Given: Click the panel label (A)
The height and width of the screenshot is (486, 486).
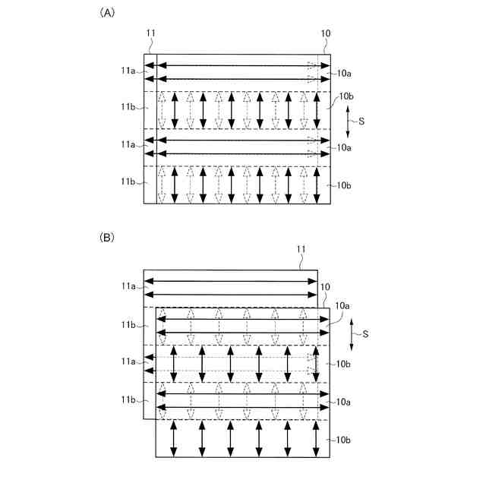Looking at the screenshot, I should pos(106,14).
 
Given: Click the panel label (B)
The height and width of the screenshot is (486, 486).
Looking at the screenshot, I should pos(106,238).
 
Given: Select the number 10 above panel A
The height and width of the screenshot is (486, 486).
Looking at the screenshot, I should pos(326,33).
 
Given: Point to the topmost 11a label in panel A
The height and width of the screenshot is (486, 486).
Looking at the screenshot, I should pos(127,71).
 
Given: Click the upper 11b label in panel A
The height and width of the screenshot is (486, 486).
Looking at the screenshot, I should pos(127,108).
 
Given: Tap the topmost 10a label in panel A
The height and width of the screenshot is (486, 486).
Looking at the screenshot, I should pos(345,73).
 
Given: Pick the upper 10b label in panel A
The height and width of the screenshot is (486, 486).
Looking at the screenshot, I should pos(346,96).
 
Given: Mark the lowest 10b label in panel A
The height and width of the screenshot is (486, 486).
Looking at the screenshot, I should pos(345,185).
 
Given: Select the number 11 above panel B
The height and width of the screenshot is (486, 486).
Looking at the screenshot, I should pos(301,249).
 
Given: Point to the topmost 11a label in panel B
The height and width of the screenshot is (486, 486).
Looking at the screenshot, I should pos(127,286).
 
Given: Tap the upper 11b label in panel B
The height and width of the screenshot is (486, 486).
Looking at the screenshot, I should pos(127,325).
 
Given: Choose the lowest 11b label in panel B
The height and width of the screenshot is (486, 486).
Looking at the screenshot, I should pos(127,399).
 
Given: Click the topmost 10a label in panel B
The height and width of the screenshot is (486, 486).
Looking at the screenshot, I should pos(339,305).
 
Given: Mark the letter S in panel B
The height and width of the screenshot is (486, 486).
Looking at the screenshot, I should pos(367,333).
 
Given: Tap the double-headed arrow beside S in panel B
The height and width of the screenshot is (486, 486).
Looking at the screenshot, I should pos(352,333).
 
